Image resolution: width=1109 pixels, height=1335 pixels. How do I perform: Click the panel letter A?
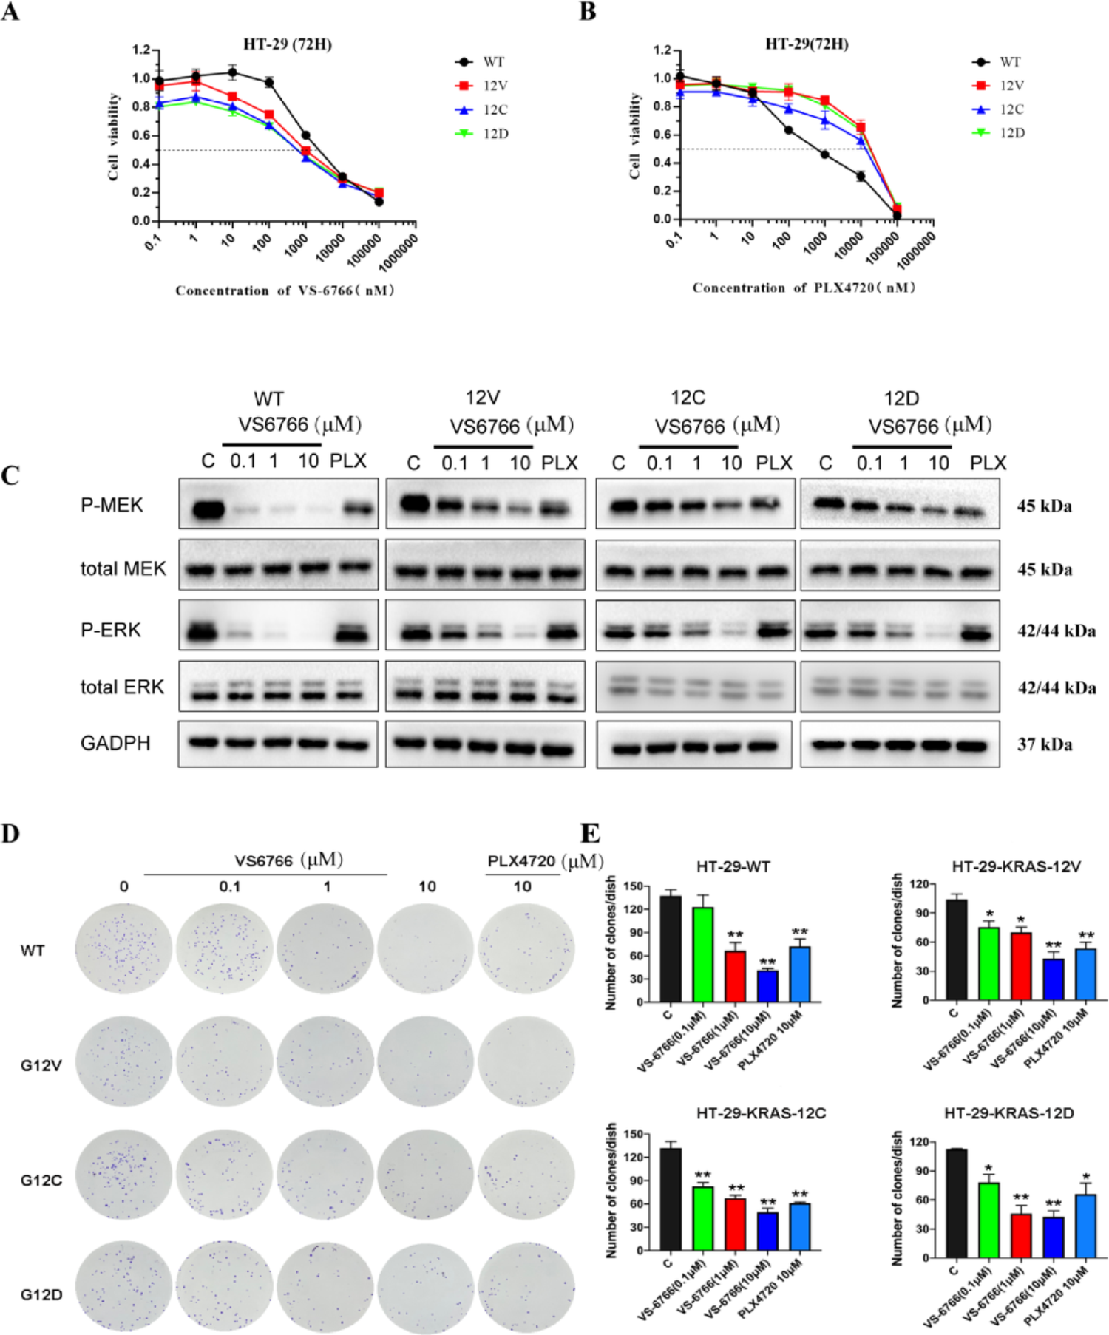pyautogui.click(x=10, y=13)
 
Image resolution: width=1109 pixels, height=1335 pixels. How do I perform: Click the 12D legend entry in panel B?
pyautogui.click(x=1011, y=133)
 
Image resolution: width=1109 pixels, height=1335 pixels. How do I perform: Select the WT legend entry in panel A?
pyautogui.click(x=493, y=62)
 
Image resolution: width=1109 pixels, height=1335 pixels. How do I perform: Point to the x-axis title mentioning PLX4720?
pyautogui.click(x=804, y=288)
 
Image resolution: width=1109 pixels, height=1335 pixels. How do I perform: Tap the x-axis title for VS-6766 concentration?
pyautogui.click(x=285, y=291)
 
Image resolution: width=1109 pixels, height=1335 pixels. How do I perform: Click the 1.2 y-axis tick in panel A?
pyautogui.click(x=140, y=50)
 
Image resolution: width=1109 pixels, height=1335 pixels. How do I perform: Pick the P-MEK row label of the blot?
pyautogui.click(x=112, y=506)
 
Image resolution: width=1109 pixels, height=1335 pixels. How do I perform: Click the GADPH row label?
pyautogui.click(x=115, y=743)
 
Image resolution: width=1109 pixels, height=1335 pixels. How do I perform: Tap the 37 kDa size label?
pyautogui.click(x=1044, y=744)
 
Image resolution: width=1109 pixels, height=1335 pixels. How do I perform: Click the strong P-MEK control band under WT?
pyautogui.click(x=208, y=509)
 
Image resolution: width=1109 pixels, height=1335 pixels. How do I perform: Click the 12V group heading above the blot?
pyautogui.click(x=482, y=398)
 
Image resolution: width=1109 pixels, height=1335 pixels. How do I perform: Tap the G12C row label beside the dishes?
pyautogui.click(x=41, y=1180)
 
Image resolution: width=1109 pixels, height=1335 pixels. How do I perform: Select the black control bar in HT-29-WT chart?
pyautogui.click(x=671, y=949)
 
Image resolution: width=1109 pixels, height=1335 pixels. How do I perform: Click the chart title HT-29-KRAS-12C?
pyautogui.click(x=761, y=1113)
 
